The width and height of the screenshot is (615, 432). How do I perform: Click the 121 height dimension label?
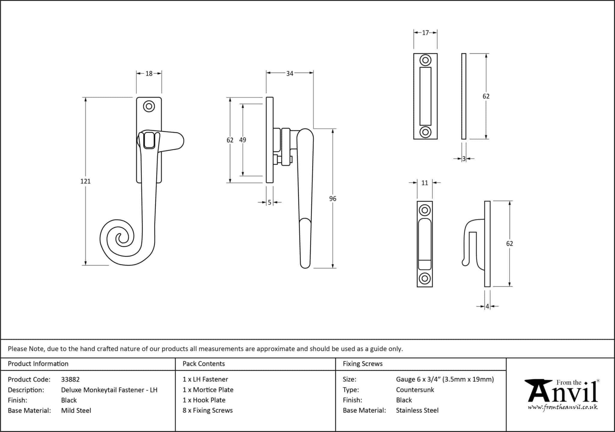[x=85, y=181]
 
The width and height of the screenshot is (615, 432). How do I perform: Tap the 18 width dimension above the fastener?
[x=149, y=73]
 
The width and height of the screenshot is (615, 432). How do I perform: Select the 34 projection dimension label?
[x=289, y=73]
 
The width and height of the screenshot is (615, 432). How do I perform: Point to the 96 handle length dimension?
[x=332, y=199]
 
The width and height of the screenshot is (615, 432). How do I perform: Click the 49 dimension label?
[x=243, y=140]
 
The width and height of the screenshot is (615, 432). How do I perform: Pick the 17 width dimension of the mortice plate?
[x=425, y=33]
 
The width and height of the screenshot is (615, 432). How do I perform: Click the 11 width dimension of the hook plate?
[x=425, y=183]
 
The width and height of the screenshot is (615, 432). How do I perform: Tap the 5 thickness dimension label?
[x=269, y=202]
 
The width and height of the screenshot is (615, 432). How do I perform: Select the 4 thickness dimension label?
[x=487, y=306]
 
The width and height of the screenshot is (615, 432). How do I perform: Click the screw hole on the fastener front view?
[x=149, y=106]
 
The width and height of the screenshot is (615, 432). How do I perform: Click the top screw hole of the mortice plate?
[x=425, y=60]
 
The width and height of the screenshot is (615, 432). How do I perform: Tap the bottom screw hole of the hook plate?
[x=425, y=278]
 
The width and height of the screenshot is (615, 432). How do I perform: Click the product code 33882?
[x=70, y=379]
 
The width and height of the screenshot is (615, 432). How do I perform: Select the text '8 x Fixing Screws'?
[x=208, y=410]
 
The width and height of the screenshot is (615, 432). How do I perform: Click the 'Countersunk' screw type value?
[x=415, y=390]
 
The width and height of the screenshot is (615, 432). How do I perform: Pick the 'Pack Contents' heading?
[x=204, y=364]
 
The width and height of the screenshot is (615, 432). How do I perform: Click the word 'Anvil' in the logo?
[x=563, y=393]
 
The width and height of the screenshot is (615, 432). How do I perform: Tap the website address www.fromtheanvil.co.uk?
[x=562, y=407]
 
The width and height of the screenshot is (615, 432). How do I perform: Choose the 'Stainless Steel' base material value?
[x=417, y=410]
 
